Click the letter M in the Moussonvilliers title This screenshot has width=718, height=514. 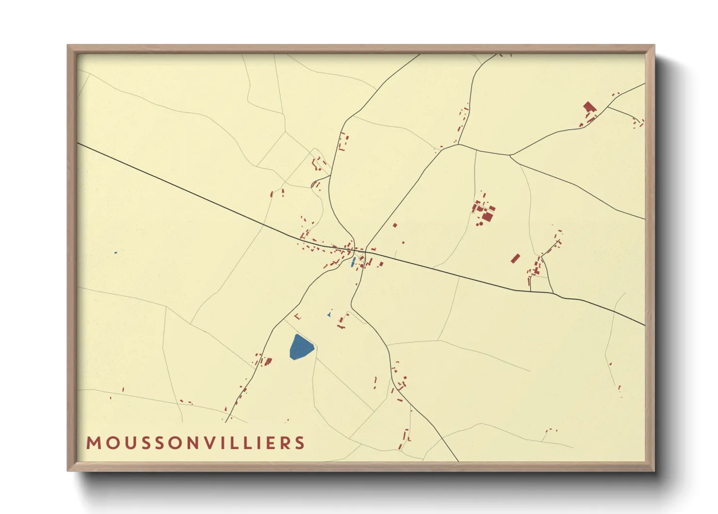coord(93,443)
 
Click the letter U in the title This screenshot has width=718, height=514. coord(127,443)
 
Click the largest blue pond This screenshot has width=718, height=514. coord(301,347)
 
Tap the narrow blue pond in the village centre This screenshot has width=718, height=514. coord(353,262)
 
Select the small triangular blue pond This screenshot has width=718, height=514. coord(329,315)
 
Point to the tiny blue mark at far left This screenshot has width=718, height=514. coord(115,253)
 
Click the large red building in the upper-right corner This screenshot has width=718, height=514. coord(589,107)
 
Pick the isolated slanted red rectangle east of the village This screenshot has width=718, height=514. coord(515,258)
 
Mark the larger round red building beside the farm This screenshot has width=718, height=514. coord(479,224)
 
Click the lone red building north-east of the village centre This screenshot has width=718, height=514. coord(395,225)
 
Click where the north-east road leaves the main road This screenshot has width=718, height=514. coord(367,250)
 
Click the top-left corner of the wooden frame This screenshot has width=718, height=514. coord(68,45)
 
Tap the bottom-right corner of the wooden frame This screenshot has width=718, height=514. coord(654,471)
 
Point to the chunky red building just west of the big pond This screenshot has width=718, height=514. coord(268,361)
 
